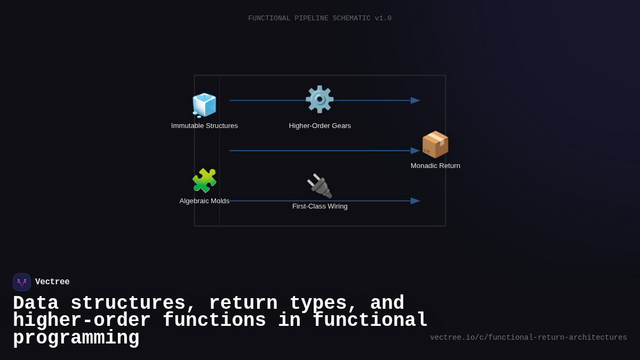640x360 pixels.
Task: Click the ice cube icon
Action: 204,105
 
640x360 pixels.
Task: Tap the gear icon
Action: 319,99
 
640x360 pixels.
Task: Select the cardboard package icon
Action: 435,145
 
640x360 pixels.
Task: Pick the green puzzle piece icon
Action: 204,180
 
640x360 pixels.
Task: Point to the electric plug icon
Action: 319,186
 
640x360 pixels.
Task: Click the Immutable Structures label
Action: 204,126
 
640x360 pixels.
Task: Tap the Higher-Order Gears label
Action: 320,126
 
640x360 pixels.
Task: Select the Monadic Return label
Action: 435,166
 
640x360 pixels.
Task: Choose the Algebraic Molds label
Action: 204,201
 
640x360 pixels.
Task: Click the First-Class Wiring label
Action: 320,206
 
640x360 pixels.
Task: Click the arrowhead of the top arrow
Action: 415,100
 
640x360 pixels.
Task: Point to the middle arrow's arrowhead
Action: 415,151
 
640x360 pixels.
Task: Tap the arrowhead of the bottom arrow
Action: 415,201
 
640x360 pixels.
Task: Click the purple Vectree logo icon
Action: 22,282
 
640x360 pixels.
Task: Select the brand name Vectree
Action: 52,282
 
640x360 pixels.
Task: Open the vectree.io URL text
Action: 529,338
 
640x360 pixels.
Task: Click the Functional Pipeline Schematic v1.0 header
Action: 320,18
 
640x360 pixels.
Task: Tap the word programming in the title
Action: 76,338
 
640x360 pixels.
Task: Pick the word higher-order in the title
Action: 82,321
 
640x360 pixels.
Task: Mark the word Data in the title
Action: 36,303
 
